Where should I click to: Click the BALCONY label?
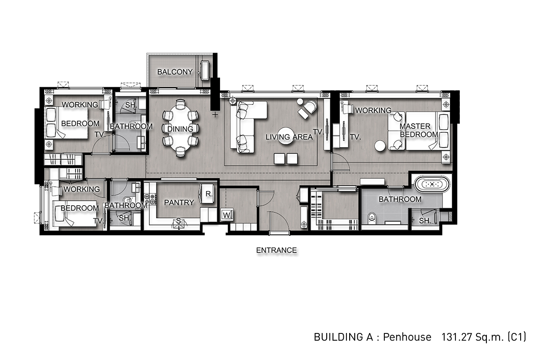(175, 72)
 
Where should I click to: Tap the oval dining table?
(180, 128)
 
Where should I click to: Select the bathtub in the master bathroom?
(432, 184)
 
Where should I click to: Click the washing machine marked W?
(227, 215)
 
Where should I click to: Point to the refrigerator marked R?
(207, 194)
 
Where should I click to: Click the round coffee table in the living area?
(286, 136)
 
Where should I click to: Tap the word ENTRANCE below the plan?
(276, 250)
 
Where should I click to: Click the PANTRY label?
(179, 202)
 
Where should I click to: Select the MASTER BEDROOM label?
(418, 130)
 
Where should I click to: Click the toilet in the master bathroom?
(372, 218)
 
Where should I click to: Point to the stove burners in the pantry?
(150, 199)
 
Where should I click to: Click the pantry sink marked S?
(179, 224)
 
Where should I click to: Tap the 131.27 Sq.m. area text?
(473, 337)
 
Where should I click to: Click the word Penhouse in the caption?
(407, 337)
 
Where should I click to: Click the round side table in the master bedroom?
(380, 146)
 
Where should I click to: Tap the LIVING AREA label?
(289, 137)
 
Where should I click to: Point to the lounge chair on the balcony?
(205, 70)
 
